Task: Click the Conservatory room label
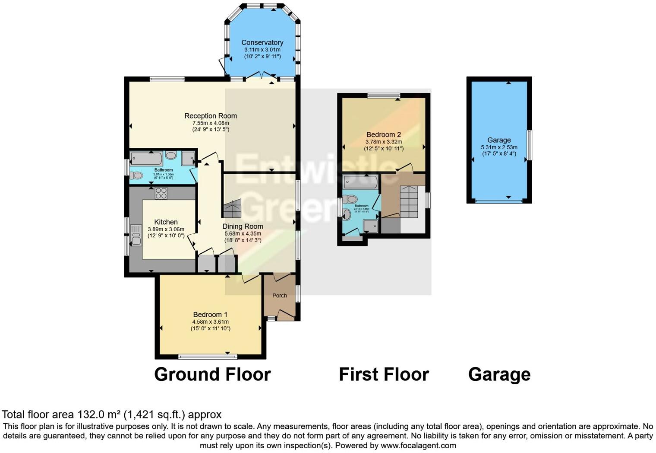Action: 262,42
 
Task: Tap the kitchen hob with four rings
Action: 161,193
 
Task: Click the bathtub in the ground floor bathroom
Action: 147,159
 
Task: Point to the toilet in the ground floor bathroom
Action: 137,175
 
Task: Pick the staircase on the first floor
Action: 409,202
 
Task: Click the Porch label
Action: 280,296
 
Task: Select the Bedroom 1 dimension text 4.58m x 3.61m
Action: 211,322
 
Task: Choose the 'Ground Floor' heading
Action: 212,374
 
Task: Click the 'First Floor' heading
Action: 384,374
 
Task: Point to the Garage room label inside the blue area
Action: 499,140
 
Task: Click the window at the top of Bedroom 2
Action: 384,96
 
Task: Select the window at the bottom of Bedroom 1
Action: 208,357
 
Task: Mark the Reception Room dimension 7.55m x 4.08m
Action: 211,123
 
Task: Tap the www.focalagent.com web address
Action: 418,446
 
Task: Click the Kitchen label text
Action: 166,222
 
